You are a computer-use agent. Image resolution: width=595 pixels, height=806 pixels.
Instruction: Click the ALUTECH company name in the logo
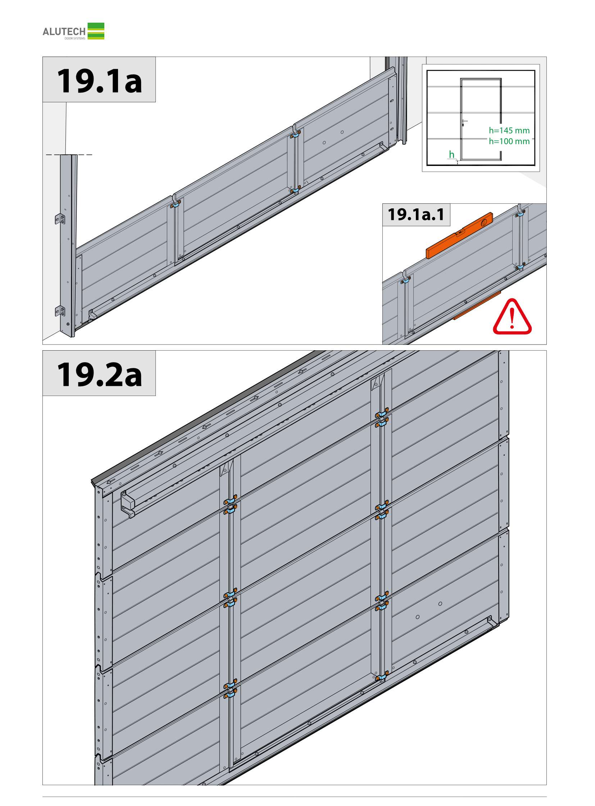coord(64,31)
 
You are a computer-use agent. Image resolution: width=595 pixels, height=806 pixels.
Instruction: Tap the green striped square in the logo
coord(96,31)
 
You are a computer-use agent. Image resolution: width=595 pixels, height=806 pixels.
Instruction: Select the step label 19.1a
coord(99,81)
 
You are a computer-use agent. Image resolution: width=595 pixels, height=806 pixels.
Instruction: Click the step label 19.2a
coord(99,374)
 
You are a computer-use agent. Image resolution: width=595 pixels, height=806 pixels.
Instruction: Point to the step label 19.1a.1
coord(416,215)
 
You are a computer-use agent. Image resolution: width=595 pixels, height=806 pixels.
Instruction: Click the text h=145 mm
coord(509,130)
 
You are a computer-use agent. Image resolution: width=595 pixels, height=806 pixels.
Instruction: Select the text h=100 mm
coord(509,141)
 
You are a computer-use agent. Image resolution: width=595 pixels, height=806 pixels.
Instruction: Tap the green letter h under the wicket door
coord(451,154)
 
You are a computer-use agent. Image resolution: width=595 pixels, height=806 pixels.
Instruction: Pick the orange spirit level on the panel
coord(459,235)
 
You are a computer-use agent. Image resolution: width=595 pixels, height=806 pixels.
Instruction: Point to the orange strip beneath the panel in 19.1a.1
coord(477,305)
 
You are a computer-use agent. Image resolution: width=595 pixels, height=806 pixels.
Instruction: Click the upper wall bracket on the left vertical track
coord(60,219)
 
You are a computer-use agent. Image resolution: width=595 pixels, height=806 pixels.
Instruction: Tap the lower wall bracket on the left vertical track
coord(60,311)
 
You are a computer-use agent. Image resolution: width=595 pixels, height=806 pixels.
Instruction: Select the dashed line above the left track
coord(69,155)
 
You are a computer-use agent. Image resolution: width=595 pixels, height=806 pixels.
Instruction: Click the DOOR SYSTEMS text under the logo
coord(75,39)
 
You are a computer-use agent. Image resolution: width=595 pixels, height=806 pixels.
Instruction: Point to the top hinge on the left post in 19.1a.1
coord(406,278)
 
